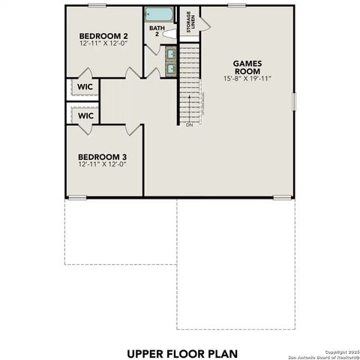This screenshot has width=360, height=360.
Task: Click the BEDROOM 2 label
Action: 103,35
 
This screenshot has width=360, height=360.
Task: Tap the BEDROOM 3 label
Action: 103,157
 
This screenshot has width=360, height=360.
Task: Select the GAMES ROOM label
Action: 246,67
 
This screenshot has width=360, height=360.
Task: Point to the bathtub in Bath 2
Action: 159,14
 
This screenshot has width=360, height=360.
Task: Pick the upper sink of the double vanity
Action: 170,54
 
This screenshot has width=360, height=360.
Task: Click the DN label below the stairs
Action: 189,125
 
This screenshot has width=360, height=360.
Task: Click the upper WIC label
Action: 85,87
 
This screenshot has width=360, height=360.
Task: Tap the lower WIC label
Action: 85,116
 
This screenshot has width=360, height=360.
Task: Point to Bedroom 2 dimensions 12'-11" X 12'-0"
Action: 103,43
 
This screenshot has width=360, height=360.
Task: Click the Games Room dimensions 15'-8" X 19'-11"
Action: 246,79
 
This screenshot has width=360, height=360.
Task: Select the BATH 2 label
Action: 156,31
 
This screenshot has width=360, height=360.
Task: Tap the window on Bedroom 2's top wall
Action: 97,5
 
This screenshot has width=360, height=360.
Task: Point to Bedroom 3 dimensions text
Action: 103,165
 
